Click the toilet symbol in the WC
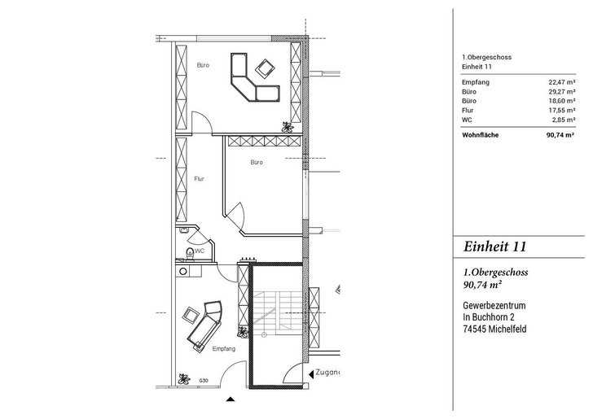point(190,254)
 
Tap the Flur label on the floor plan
point(199,179)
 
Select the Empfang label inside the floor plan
point(224,349)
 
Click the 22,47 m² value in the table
point(562,82)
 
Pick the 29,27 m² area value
point(562,91)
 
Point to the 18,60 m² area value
point(562,101)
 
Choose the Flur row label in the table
point(468,111)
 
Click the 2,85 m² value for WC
point(564,120)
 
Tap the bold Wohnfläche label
point(481,135)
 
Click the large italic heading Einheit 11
point(494,247)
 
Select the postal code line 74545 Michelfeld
point(494,329)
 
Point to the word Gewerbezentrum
point(494,305)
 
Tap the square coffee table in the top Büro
point(265,68)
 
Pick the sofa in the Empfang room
point(204,325)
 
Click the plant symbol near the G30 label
point(184,379)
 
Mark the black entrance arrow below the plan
point(231,399)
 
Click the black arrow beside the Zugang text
point(311,374)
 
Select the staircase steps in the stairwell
point(278,311)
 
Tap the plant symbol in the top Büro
point(288,127)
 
